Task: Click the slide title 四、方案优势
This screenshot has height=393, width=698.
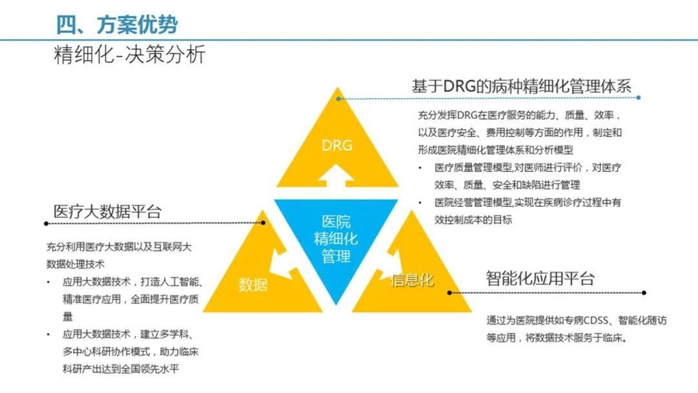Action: (117, 25)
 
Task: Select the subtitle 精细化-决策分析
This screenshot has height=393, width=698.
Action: (129, 55)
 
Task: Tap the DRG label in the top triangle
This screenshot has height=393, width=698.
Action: (337, 145)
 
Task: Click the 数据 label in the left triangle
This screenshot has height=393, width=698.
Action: (253, 284)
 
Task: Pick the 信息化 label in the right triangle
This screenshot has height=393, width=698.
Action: (412, 280)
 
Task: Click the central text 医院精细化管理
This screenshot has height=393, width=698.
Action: (336, 239)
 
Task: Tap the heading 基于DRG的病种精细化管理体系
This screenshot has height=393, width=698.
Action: (521, 86)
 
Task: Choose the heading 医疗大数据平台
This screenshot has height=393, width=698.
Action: (107, 211)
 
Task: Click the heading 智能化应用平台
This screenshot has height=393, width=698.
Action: (540, 279)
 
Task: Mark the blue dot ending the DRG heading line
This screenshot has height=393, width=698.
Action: (639, 98)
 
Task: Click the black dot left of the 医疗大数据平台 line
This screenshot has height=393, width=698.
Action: (45, 224)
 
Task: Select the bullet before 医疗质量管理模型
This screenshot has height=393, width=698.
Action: (421, 168)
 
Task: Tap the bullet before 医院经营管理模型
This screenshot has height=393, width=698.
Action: (421, 202)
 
